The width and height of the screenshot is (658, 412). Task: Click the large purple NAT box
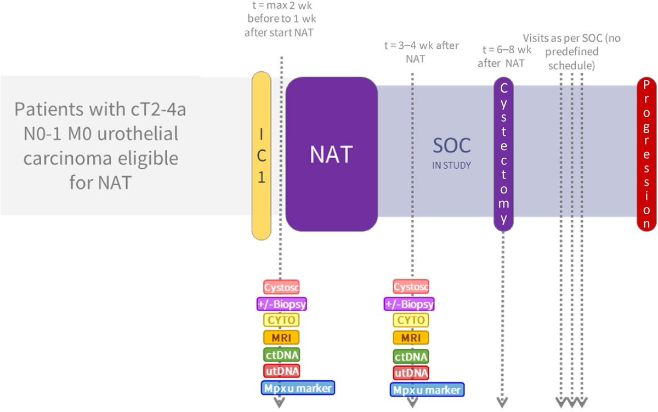coord(331,154)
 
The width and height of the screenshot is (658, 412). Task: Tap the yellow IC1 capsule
coord(262,156)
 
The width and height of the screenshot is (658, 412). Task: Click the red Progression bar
coord(646,154)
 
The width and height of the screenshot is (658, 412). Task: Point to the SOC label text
coord(451,146)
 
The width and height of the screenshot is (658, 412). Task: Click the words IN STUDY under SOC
coord(451,165)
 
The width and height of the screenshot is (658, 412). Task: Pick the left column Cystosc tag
coord(281,286)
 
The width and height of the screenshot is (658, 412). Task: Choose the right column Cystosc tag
coord(411,286)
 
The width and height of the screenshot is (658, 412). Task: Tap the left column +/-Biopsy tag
coord(281,303)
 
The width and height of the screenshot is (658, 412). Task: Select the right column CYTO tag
coord(411,320)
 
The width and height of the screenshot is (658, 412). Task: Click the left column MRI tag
coord(281,337)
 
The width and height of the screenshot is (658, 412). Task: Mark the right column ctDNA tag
coord(411,357)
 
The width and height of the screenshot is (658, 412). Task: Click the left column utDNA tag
coord(281,371)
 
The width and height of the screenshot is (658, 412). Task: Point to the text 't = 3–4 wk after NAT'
coord(421,52)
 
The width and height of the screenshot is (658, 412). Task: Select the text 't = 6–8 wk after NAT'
coord(504,56)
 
